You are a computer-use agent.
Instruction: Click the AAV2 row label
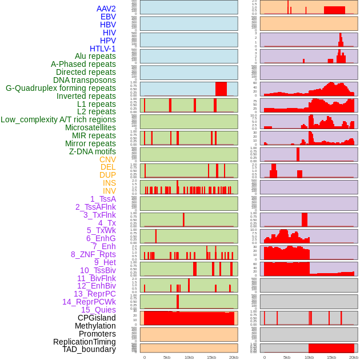pyautogui.click(x=106, y=9)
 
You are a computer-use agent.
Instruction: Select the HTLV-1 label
pyautogui.click(x=102, y=49)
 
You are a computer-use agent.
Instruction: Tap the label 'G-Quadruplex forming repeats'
pyautogui.click(x=61, y=88)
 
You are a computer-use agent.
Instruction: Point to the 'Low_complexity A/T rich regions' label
pyautogui.click(x=58, y=119)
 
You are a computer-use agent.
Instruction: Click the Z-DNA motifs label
pyautogui.click(x=92, y=151)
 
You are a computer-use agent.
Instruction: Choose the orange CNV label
pyautogui.click(x=107, y=159)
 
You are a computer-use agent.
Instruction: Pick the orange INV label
pyautogui.click(x=109, y=191)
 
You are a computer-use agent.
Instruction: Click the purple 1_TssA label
pyautogui.click(x=103, y=199)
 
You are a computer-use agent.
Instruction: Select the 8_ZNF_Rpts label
pyautogui.click(x=93, y=254)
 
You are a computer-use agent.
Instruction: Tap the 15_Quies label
pyautogui.click(x=98, y=310)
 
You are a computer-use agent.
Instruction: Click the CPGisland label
pyautogui.click(x=97, y=318)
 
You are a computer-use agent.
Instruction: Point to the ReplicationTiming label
pyautogui.click(x=85, y=342)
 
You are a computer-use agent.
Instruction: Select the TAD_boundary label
pyautogui.click(x=89, y=349)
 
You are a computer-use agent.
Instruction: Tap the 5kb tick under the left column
pyautogui.click(x=167, y=357)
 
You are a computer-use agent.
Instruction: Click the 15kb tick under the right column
pyautogui.click(x=331, y=357)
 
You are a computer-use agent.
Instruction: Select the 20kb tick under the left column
pyautogui.click(x=233, y=357)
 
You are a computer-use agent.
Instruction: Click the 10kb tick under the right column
pyautogui.click(x=309, y=357)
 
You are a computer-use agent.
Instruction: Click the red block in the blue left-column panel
pyautogui.click(x=221, y=89)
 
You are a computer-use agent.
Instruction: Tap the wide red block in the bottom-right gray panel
pyautogui.click(x=331, y=348)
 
